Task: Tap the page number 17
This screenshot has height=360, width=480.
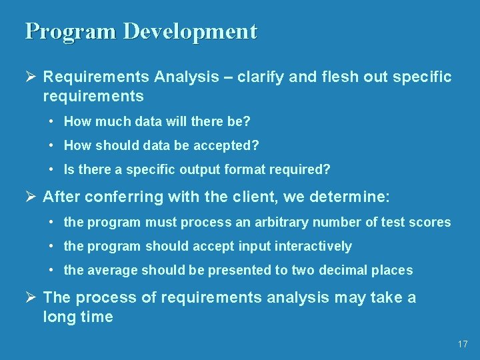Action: pos(463,344)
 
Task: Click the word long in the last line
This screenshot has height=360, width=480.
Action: pos(58,317)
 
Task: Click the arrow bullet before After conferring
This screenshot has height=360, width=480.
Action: pos(31,197)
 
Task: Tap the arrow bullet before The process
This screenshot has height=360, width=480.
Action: pos(31,297)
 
